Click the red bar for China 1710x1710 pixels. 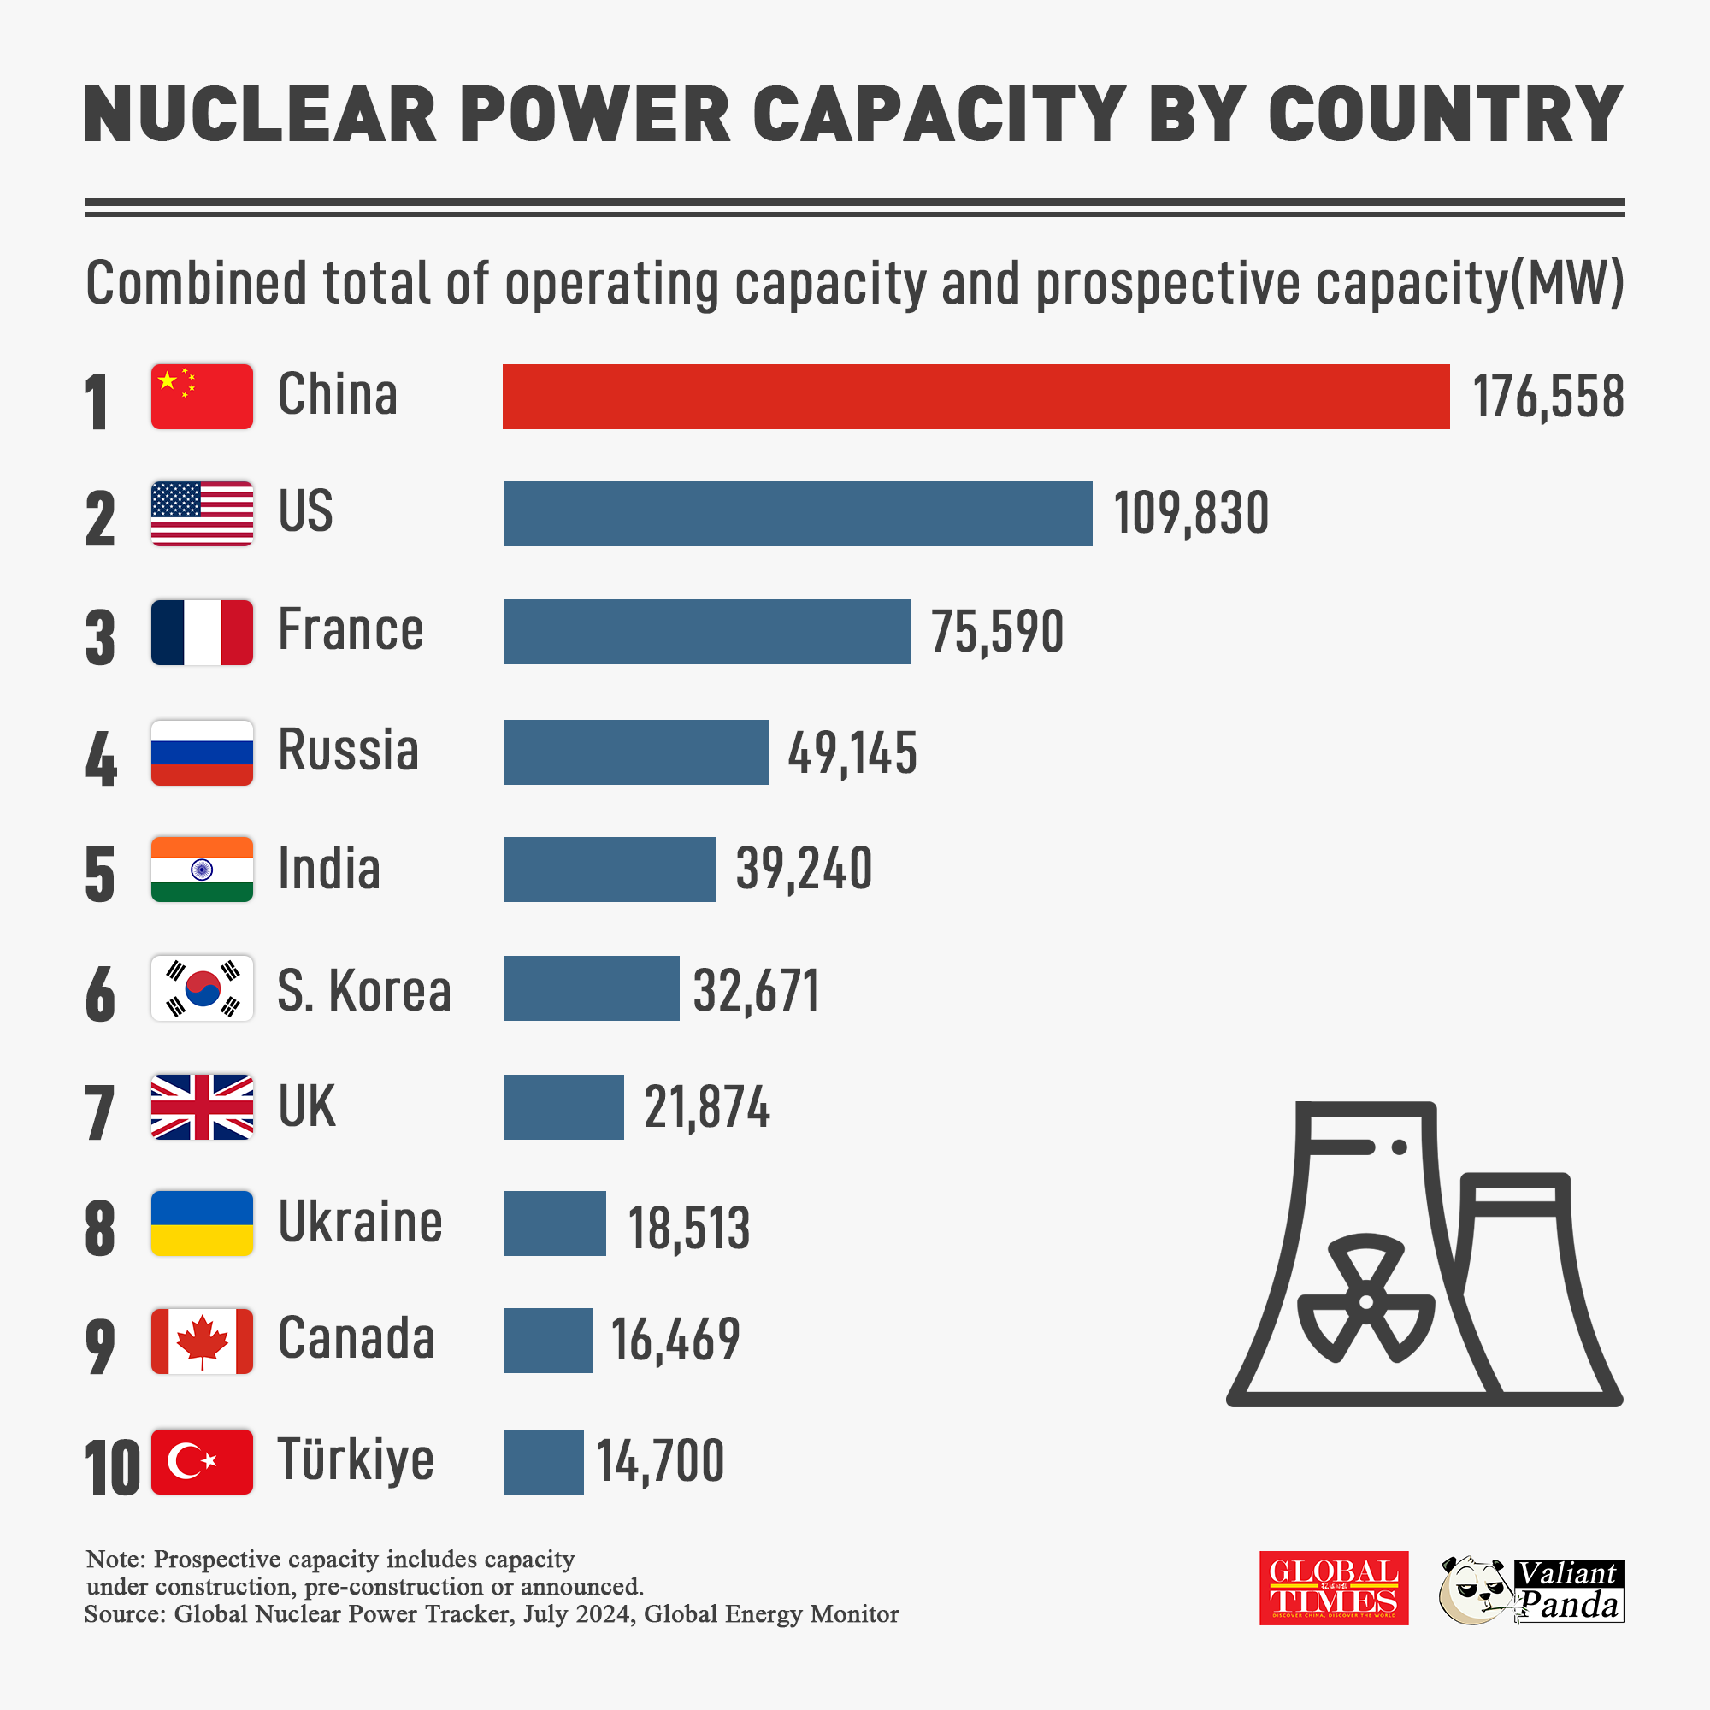click(x=976, y=397)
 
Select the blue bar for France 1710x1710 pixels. click(x=706, y=632)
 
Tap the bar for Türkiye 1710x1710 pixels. click(x=544, y=1461)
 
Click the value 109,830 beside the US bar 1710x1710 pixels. click(x=1190, y=513)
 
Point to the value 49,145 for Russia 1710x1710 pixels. click(x=852, y=753)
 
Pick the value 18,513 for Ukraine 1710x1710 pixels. click(x=688, y=1228)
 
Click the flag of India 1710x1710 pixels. click(x=202, y=870)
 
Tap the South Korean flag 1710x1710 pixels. click(x=202, y=988)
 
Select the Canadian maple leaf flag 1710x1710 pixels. click(x=202, y=1341)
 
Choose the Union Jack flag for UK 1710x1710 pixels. click(x=202, y=1106)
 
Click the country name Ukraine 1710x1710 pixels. click(x=360, y=1223)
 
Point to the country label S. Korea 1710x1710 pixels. click(x=363, y=989)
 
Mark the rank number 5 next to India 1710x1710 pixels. click(x=100, y=875)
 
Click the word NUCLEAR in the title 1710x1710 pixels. click(x=260, y=115)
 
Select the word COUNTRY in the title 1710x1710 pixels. click(x=1444, y=115)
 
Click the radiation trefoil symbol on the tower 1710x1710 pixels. click(x=1365, y=1300)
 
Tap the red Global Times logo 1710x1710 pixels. click(x=1333, y=1588)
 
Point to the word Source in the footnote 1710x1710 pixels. click(x=125, y=1613)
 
